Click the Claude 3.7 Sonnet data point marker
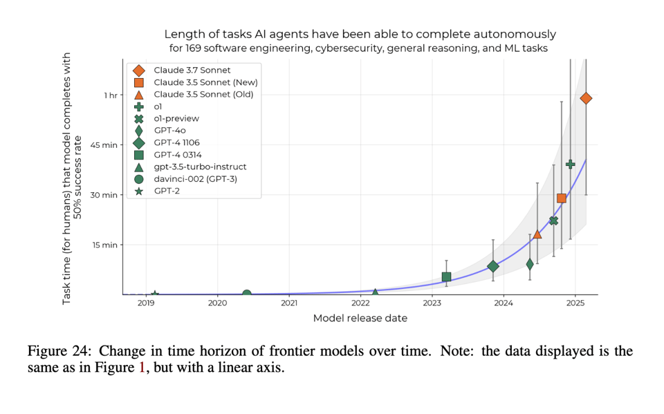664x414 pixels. click(x=586, y=98)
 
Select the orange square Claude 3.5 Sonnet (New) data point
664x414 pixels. click(x=562, y=198)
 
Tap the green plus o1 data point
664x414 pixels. click(x=571, y=164)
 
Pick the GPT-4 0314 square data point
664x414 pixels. click(x=446, y=276)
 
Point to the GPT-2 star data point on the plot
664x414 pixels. click(x=155, y=294)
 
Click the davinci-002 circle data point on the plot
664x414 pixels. click(x=246, y=294)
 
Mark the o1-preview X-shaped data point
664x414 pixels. click(x=553, y=220)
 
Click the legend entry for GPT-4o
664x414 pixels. click(x=169, y=131)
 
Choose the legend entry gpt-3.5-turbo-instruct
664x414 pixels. click(x=200, y=167)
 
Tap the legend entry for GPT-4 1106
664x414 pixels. click(x=177, y=142)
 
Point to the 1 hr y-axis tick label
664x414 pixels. click(x=111, y=95)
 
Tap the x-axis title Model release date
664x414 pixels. click(x=360, y=319)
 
